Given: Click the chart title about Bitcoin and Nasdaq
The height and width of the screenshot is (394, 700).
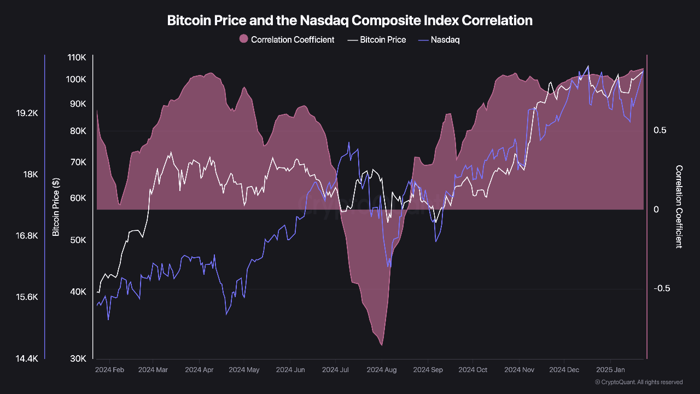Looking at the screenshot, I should [349, 21].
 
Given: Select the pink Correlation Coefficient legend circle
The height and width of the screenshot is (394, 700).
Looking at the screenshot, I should [244, 39].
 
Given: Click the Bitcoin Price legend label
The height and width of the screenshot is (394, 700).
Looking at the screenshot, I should [383, 39].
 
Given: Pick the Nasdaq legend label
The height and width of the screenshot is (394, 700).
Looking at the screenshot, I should [445, 39].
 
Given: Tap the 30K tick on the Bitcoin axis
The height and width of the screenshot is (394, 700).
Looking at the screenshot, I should [78, 358].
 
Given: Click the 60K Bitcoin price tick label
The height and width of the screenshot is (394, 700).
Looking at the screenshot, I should [78, 198].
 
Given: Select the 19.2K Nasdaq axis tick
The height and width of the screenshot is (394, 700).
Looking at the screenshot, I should [27, 113].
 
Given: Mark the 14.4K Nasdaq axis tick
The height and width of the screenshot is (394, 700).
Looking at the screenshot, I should [27, 358].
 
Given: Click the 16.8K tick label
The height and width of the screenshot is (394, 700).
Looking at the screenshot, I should [27, 236].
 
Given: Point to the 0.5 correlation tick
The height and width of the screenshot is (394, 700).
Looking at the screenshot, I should [660, 130].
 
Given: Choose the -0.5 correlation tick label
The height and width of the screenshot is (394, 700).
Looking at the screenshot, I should [662, 288].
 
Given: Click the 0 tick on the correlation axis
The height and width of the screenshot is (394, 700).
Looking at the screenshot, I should [656, 210].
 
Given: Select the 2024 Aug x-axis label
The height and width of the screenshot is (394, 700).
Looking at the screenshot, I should [381, 370].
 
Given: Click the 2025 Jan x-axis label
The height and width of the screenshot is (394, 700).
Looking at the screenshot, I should [610, 370].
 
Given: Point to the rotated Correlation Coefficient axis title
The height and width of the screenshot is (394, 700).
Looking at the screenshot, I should [679, 207].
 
